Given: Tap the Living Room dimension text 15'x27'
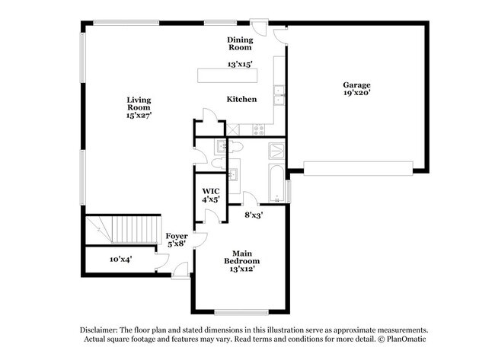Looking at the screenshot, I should (139, 116).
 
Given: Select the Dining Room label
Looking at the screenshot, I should (239, 43).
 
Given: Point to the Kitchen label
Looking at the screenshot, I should (241, 100).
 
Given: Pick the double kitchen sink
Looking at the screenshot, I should (279, 94).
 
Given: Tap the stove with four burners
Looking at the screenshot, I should (260, 129).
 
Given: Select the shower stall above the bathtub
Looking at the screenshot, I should (276, 150).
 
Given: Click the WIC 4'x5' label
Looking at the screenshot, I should (211, 195).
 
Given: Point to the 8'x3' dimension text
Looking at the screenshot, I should (254, 216).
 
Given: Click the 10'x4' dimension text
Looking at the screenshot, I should (120, 259).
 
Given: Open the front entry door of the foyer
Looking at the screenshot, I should (180, 269).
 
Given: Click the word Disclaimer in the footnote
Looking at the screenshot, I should (104, 330).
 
